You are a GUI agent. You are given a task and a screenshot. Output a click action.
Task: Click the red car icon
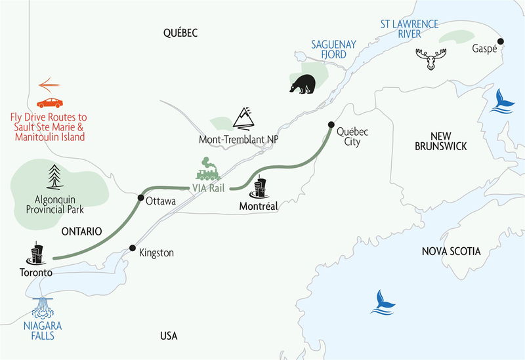(x=50, y=102)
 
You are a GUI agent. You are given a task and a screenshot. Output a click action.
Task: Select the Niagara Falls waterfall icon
(x=45, y=308)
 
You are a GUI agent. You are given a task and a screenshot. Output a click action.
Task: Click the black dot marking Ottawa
(x=140, y=197)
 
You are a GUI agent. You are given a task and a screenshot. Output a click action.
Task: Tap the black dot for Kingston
(x=133, y=249)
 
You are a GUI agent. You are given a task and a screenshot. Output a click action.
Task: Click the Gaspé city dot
(x=501, y=41)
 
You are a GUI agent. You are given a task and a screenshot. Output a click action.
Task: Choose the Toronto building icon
(x=37, y=254)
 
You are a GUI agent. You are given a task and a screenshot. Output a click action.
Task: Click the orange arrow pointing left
(x=49, y=85)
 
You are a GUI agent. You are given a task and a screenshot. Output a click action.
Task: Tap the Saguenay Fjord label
(x=333, y=49)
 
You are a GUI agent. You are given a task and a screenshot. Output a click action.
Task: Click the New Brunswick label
(x=441, y=141)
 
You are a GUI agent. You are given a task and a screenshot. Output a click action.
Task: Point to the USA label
(x=169, y=336)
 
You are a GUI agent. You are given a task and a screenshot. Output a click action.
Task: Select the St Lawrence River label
(x=409, y=30)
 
